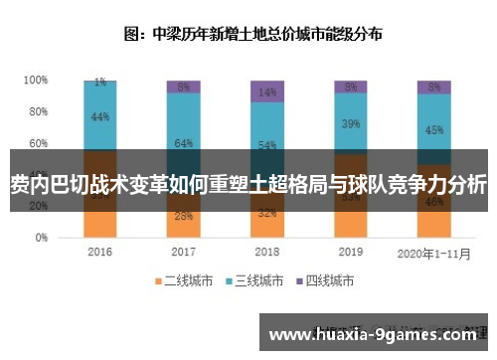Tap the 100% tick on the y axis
[x=36, y=79]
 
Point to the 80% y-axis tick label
[x=38, y=110]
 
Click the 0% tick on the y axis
[x=41, y=239]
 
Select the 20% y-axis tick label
[x=38, y=207]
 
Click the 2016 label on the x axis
[x=99, y=252]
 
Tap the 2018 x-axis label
[x=266, y=252]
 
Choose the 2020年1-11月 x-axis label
[x=433, y=252]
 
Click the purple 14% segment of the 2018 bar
[x=266, y=91]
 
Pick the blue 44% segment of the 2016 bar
[x=99, y=116]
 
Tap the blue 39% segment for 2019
[x=350, y=123]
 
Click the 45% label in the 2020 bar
[x=433, y=128]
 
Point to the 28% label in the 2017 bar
[x=183, y=216]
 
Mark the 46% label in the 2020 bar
[x=433, y=201]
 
